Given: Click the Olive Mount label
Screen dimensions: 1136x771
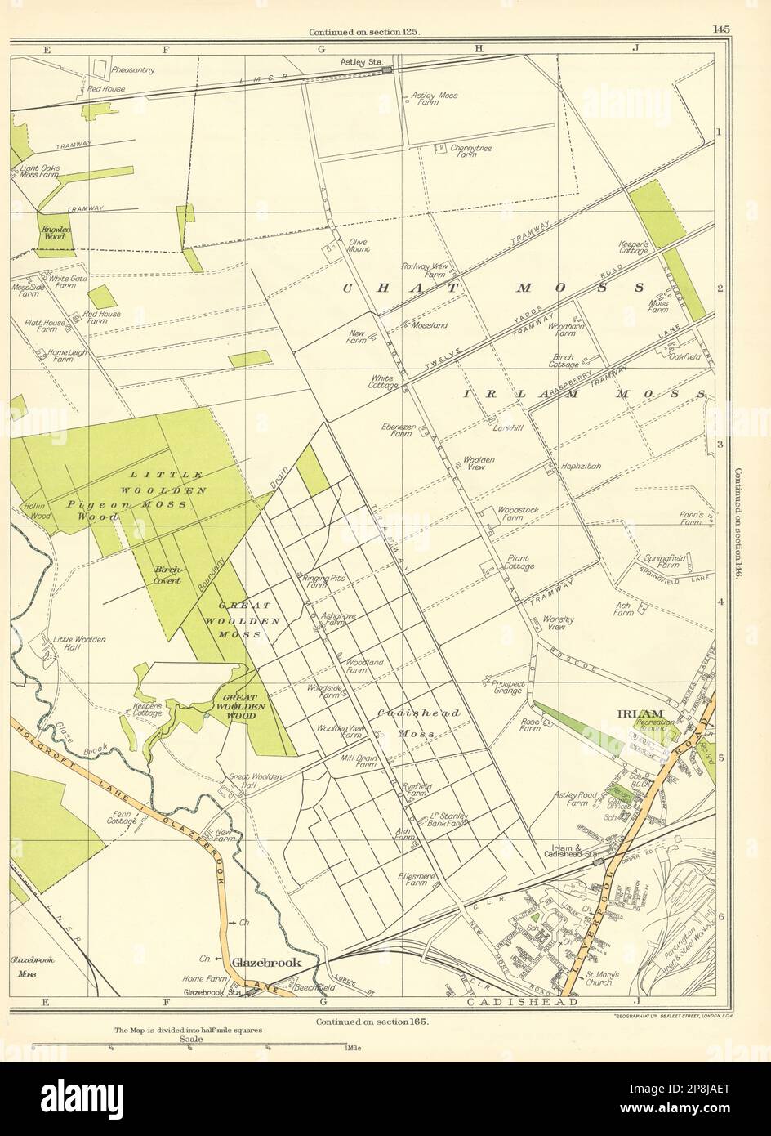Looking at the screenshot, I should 359,245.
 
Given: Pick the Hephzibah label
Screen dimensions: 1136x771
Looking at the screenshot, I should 581,466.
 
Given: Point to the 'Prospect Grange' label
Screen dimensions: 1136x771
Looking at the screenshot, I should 507,686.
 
